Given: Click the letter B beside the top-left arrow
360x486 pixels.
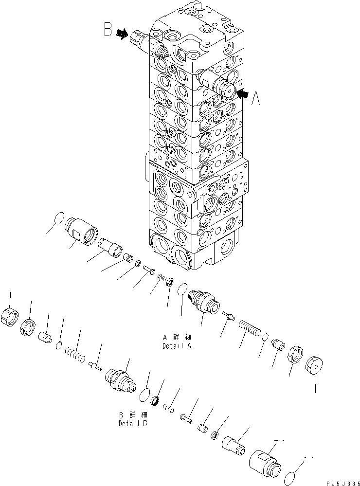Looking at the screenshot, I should [x=108, y=30].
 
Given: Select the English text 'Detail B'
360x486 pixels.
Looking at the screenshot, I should [x=133, y=423].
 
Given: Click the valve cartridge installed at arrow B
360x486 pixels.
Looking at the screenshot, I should [x=142, y=42].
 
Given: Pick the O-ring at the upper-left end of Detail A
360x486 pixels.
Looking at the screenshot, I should [x=57, y=219].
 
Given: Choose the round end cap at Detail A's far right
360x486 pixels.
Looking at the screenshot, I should [x=316, y=365].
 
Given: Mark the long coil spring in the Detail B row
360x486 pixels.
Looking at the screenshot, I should [x=75, y=352].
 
